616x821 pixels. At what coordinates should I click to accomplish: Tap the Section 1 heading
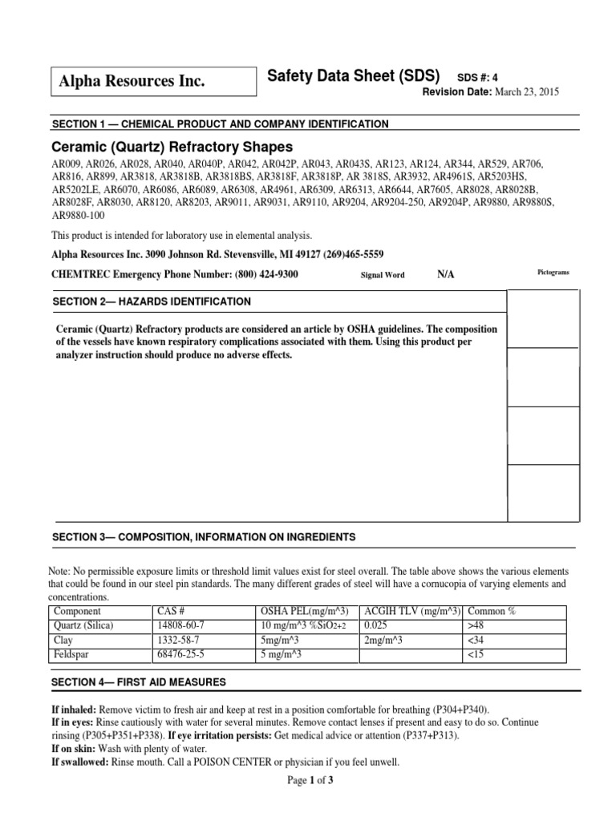(221, 124)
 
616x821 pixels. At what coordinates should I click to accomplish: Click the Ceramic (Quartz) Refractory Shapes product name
(172, 148)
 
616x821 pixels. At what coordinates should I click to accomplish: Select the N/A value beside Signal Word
(445, 274)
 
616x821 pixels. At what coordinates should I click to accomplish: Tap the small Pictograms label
(553, 273)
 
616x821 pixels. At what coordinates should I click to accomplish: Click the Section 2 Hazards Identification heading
(152, 301)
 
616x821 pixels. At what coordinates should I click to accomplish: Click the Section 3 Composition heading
(204, 536)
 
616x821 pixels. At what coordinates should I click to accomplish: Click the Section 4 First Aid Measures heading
(139, 682)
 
